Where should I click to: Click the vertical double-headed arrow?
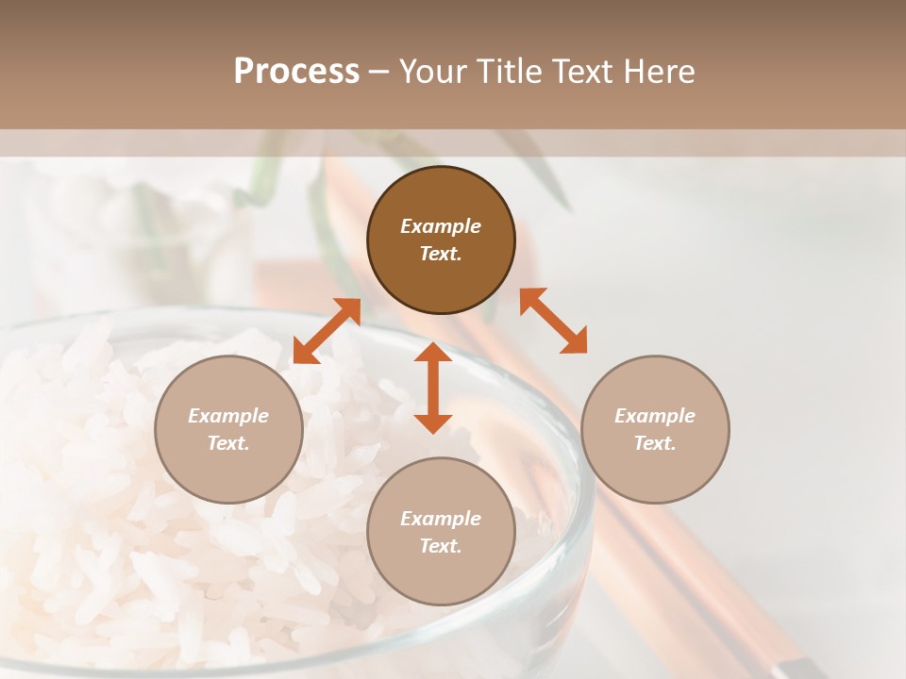433,388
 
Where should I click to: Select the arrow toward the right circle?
554,321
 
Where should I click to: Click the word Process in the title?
296,71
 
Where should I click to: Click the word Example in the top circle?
441,226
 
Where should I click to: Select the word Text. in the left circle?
228,443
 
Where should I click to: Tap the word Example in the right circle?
655,416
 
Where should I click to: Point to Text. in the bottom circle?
441,546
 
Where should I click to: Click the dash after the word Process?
379,72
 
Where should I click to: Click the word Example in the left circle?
228,416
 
